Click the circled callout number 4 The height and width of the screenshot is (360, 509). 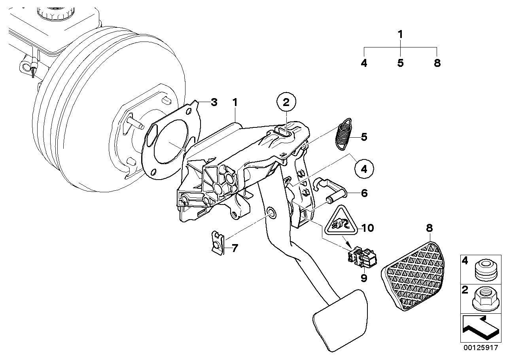click(363, 169)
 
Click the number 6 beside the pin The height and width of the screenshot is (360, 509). click(364, 193)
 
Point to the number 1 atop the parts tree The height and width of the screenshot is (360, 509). click(400, 34)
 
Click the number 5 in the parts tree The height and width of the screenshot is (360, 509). click(400, 63)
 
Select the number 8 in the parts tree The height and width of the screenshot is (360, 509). click(437, 63)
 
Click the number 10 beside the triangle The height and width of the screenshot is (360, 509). click(367, 228)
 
